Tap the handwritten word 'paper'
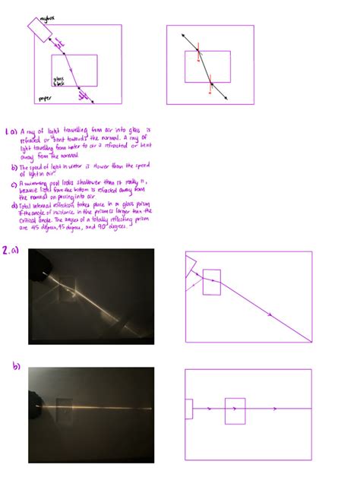click(45, 98)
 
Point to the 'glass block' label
click(59, 80)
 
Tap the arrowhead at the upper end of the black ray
click(183, 35)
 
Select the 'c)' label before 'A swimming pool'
click(14, 182)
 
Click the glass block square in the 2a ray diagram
click(212, 282)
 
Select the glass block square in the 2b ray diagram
click(235, 410)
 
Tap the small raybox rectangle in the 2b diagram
click(188, 409)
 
